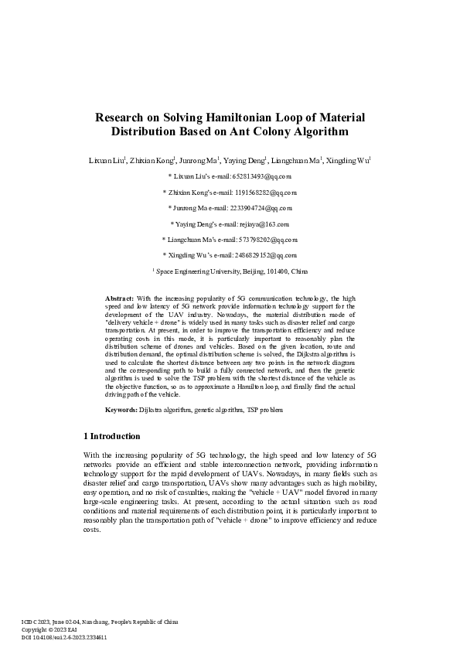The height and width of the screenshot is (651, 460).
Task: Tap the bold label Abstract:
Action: point(119,298)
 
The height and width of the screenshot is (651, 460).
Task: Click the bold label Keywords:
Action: point(121,408)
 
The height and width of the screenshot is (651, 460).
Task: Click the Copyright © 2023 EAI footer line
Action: point(49,629)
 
